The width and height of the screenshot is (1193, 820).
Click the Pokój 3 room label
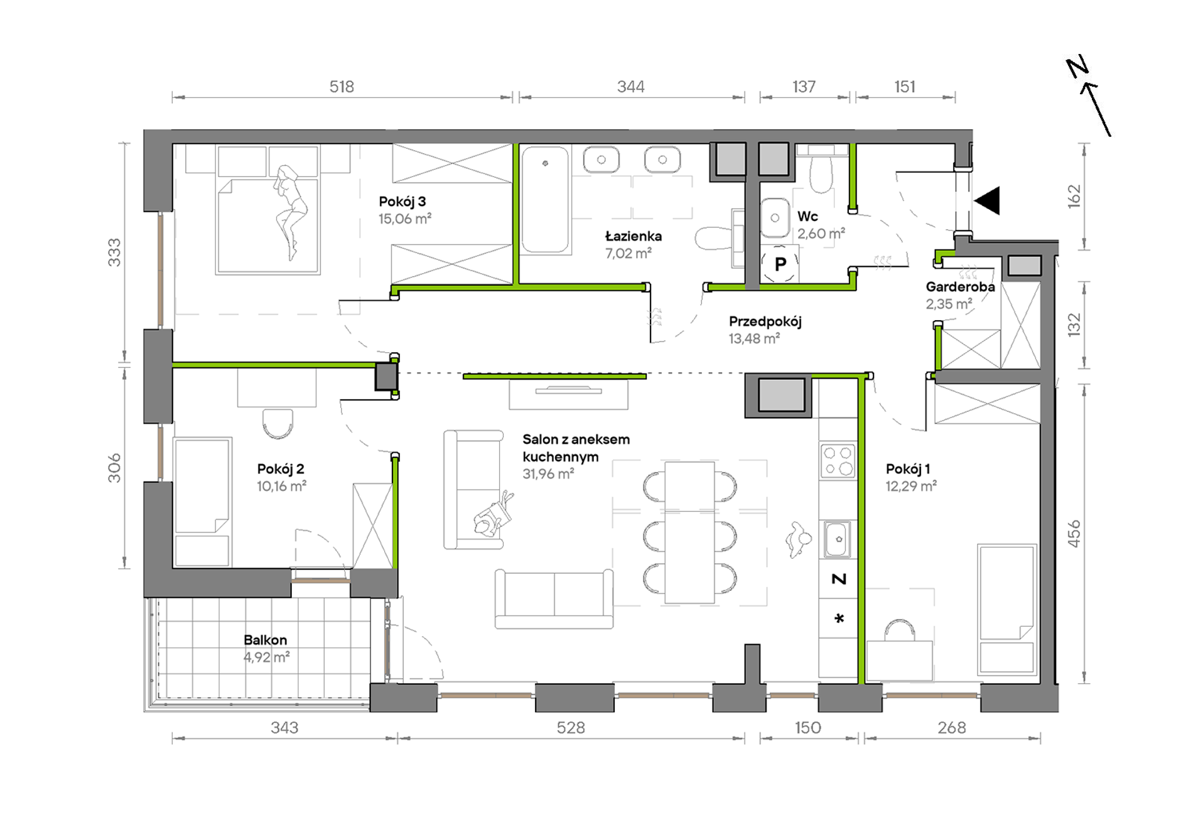(402, 202)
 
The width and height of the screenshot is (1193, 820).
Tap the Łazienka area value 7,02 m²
(628, 254)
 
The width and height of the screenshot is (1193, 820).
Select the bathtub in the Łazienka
(545, 200)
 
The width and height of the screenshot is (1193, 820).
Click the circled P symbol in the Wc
(780, 264)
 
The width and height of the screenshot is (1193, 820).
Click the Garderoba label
(960, 287)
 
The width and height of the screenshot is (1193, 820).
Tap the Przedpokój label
(765, 321)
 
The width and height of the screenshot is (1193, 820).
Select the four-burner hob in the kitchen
(838, 460)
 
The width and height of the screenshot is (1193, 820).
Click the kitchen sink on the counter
(837, 539)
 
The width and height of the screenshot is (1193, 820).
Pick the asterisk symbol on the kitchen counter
(839, 618)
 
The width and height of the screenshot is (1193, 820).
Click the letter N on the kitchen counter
(839, 579)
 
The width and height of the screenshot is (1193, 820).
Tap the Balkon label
(265, 640)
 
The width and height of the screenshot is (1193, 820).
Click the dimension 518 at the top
(342, 87)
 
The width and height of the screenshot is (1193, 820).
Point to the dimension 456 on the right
(1074, 534)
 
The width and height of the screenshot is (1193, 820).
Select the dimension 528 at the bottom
(571, 728)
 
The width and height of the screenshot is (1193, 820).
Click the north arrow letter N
(1077, 67)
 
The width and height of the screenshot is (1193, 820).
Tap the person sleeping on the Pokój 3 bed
(290, 212)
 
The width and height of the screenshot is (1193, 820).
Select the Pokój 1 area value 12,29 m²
(910, 486)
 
